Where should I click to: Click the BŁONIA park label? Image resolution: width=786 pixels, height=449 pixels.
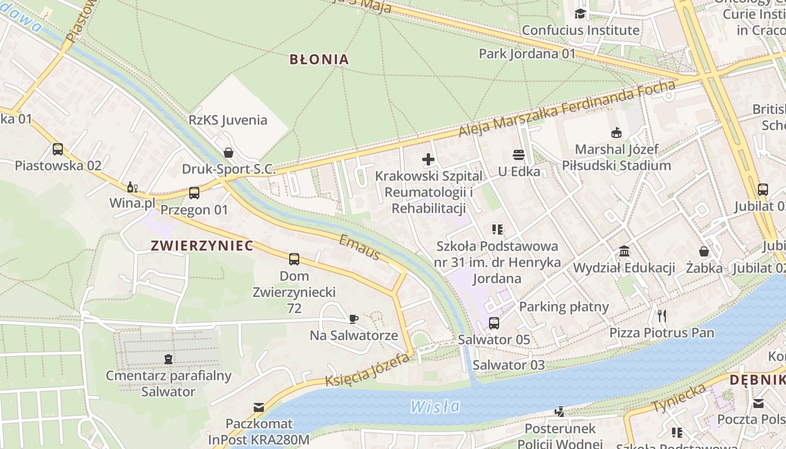[x=319, y=59]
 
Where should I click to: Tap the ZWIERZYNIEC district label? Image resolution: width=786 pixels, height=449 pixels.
[x=202, y=245]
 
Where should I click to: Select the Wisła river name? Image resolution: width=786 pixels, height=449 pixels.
[x=435, y=406]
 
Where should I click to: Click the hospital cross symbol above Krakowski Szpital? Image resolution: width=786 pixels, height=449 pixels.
[x=428, y=159]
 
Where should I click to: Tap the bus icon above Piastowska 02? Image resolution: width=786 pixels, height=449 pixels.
[x=58, y=149]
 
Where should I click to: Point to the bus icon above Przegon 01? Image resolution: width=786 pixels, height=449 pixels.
[x=194, y=193]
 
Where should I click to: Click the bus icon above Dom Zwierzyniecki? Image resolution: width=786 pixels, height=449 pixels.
[x=294, y=259]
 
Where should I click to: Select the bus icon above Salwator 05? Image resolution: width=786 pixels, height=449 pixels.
[x=494, y=323]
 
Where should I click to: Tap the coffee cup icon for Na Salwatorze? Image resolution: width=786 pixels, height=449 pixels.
[x=354, y=319]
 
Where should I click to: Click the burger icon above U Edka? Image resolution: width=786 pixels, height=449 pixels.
[x=519, y=155]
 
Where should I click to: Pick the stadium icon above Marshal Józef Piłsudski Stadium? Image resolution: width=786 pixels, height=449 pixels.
[x=616, y=133]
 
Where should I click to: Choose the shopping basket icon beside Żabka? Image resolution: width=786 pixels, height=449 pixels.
[x=704, y=251]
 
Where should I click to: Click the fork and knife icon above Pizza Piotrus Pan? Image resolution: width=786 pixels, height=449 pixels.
[x=662, y=315]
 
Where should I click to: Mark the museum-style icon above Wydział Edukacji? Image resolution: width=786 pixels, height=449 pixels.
[x=624, y=251]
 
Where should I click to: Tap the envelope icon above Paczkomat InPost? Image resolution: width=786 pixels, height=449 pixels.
[x=259, y=407]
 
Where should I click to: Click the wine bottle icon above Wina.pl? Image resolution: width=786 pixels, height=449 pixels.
[x=132, y=187]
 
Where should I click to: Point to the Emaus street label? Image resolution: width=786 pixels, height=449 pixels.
[x=360, y=248]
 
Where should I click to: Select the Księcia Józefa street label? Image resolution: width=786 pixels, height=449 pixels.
[x=367, y=372]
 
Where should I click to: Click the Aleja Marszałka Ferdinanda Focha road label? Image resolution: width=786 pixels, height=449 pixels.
[x=567, y=109]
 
